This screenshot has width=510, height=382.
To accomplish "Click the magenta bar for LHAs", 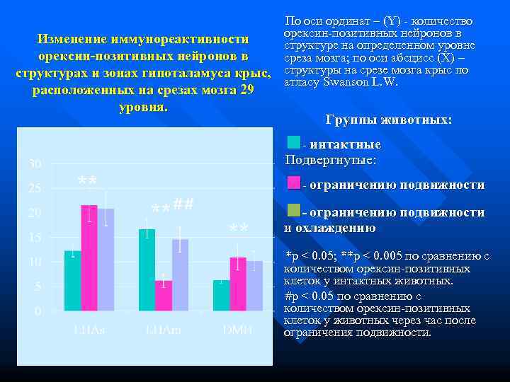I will (89, 258).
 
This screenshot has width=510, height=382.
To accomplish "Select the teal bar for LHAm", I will (147, 270).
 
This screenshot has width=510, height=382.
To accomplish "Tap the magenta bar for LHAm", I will (164, 295).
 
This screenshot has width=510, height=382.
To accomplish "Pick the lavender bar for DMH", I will (255, 286).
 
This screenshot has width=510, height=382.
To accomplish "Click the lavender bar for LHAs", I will (106, 260).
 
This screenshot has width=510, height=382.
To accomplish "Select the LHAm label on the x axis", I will (162, 330).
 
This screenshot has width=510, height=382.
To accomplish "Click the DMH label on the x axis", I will (238, 330).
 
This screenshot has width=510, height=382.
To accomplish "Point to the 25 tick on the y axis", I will (34, 188).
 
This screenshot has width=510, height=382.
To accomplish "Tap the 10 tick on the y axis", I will (34, 262).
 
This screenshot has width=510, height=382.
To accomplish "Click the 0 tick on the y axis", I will (37, 311).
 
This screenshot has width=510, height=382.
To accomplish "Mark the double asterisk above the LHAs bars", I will (87, 183).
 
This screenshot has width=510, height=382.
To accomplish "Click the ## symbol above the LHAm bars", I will (183, 205).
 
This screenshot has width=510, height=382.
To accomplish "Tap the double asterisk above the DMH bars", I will (239, 229).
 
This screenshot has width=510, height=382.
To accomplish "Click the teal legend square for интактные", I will (293, 143).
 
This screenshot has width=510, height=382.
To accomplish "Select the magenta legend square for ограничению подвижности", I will (293, 184).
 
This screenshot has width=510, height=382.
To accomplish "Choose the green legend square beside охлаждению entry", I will (293, 211).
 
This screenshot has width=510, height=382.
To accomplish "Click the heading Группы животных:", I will (387, 120).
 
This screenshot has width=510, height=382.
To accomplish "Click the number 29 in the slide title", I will (246, 91).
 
